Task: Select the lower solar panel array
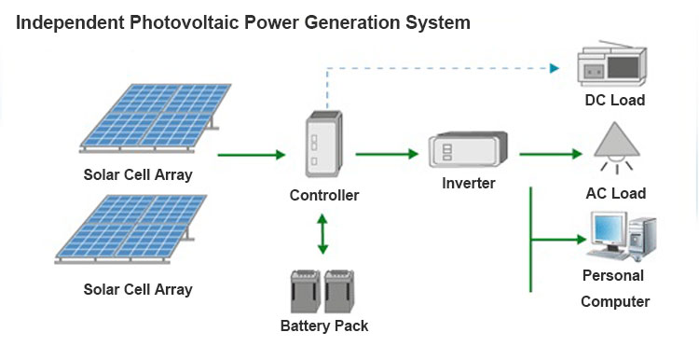point(130,228)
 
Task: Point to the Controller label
point(323,195)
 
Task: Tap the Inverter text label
point(468,183)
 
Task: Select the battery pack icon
point(322,290)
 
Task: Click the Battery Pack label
point(323,325)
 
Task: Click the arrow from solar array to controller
point(251,154)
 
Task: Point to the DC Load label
point(614,100)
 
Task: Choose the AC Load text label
point(614,193)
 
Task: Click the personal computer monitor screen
point(610,230)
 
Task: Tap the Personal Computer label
point(614,288)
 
